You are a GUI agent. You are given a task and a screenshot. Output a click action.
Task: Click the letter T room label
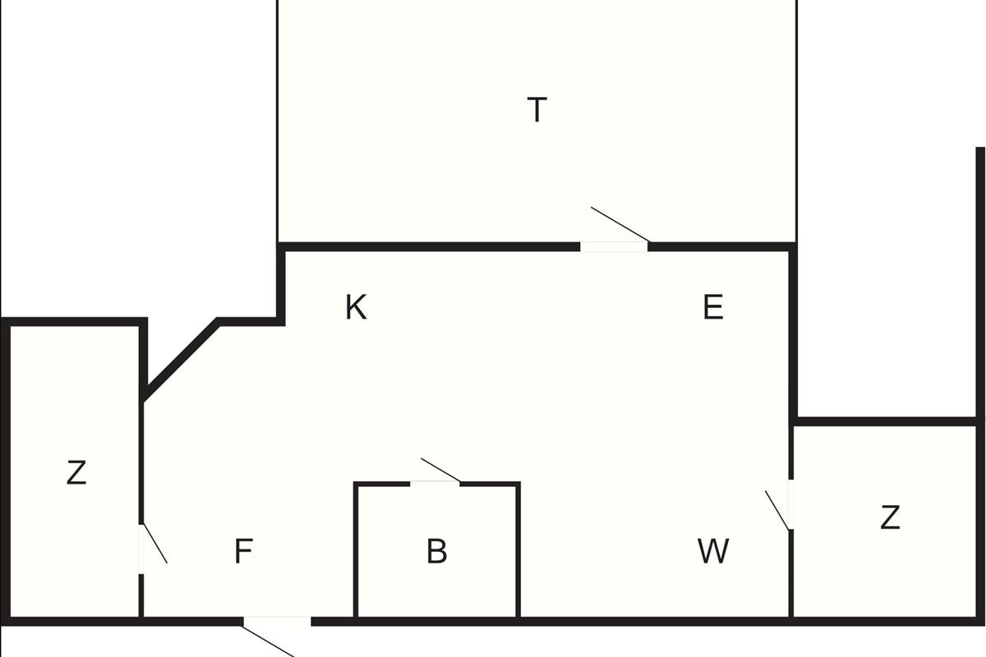pyautogui.click(x=537, y=109)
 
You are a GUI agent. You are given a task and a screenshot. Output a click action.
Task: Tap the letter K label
pyautogui.click(x=356, y=308)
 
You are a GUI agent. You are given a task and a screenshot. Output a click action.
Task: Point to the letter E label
pyautogui.click(x=713, y=308)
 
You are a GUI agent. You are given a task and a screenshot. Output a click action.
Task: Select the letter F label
pyautogui.click(x=242, y=551)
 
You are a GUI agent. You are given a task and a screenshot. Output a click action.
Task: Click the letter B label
pyautogui.click(x=436, y=551)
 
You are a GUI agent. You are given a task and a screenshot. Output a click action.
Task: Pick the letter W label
pyautogui.click(x=712, y=551)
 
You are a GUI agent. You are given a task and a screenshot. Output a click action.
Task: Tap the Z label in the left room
pyautogui.click(x=76, y=473)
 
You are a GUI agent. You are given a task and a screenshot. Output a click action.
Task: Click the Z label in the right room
pyautogui.click(x=889, y=518)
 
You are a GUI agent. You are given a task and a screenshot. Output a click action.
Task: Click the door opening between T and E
pyautogui.click(x=614, y=246)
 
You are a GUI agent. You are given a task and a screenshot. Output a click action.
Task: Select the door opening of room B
pyautogui.click(x=435, y=483)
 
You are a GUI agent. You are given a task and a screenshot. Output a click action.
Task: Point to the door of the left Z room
pyautogui.click(x=141, y=549)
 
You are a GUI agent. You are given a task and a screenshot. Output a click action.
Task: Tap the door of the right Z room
pyautogui.click(x=790, y=504)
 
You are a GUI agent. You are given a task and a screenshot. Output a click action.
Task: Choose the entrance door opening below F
pyautogui.click(x=277, y=621)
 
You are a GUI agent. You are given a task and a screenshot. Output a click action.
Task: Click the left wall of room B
pyautogui.click(x=356, y=550)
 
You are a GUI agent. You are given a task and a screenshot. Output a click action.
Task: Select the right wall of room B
pyautogui.click(x=518, y=550)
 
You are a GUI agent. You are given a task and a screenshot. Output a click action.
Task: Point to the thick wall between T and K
pyautogui.click(x=427, y=246)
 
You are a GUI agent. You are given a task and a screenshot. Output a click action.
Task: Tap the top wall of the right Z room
pyautogui.click(x=887, y=421)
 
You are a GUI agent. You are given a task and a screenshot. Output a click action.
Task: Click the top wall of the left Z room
pyautogui.click(x=74, y=321)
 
